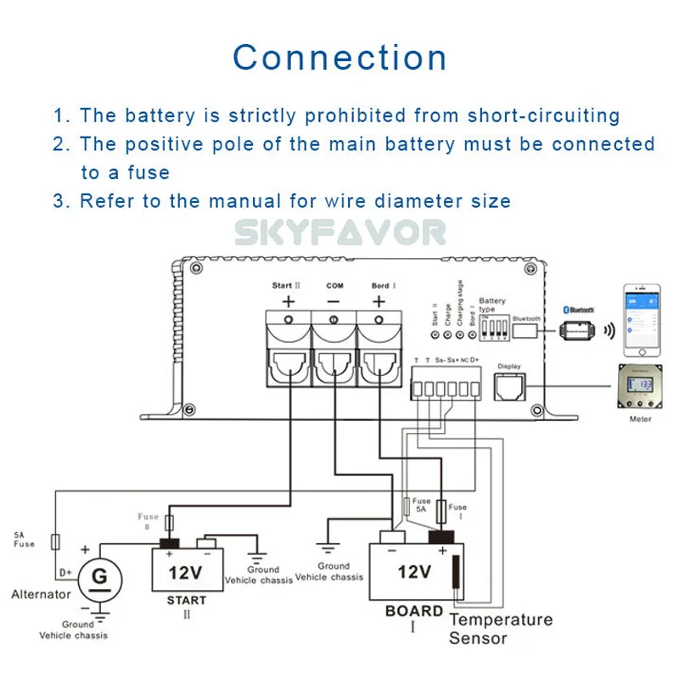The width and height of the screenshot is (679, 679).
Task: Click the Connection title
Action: [x=339, y=58]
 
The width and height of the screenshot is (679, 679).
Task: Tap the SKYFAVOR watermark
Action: [x=339, y=232]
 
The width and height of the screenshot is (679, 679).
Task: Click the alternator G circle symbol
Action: [x=99, y=577]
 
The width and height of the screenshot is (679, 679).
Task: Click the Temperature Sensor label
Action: [x=500, y=629]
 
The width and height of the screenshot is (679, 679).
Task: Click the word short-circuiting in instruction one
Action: [x=544, y=115]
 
